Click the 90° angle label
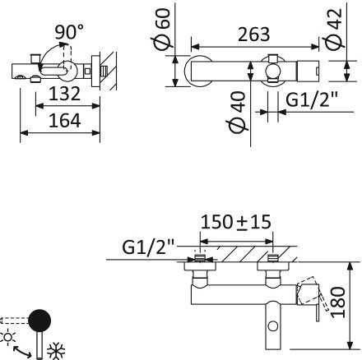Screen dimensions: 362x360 [x=69, y=32]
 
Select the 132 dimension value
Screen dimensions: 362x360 [x=64, y=94]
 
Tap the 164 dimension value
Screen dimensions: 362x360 [x=64, y=121]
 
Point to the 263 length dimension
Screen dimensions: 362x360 [x=254, y=35]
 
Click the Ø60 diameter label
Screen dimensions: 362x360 [x=162, y=29]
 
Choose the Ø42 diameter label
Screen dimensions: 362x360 [x=334, y=30]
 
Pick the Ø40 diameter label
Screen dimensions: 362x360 [x=237, y=113]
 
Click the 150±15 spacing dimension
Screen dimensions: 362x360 [x=236, y=222]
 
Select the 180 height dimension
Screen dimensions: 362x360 [x=338, y=302]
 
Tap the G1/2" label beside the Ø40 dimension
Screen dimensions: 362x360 [x=312, y=99]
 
